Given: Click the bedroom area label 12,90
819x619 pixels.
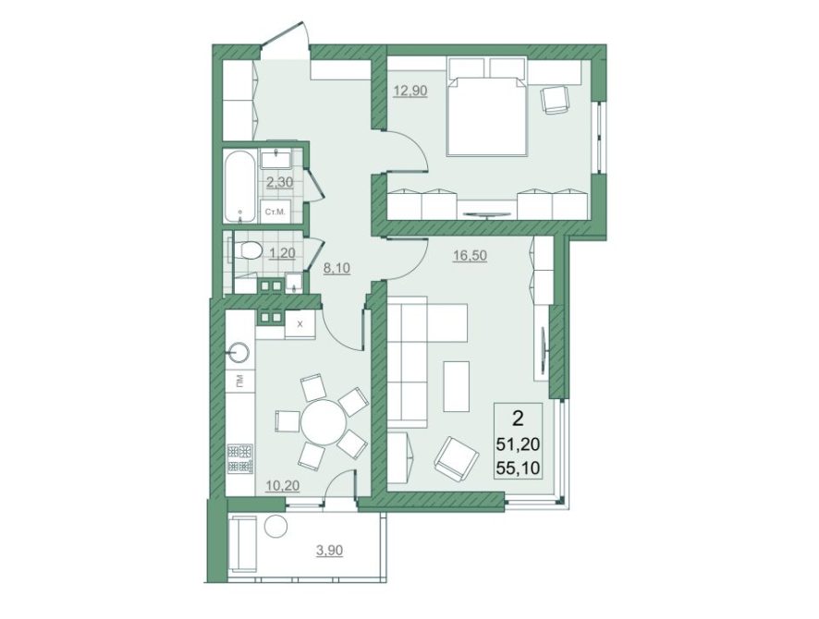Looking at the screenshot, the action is coord(410,91).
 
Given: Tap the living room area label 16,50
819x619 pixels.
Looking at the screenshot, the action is coord(470,256).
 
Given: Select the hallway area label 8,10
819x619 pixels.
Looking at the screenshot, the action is coord(336,268).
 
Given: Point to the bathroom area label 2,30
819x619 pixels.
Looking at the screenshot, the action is coord(280,182).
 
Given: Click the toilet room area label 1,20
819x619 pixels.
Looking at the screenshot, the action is coord(282,253).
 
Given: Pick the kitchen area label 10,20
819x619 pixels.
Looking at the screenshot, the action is coord(282,485).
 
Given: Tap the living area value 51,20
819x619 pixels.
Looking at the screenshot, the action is coord(520,444).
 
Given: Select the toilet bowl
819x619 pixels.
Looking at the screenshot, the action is coord(248,250).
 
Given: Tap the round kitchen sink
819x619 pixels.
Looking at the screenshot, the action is coord(239,353).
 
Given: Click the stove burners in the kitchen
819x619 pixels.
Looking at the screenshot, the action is coord(239,458).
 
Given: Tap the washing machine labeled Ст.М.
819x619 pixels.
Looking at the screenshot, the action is coord(275,212).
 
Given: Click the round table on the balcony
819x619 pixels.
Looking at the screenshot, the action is coord(275,525).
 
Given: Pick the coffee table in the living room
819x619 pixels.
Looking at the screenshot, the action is coord(457,386).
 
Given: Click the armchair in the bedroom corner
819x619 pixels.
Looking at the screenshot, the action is coord(555,98).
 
